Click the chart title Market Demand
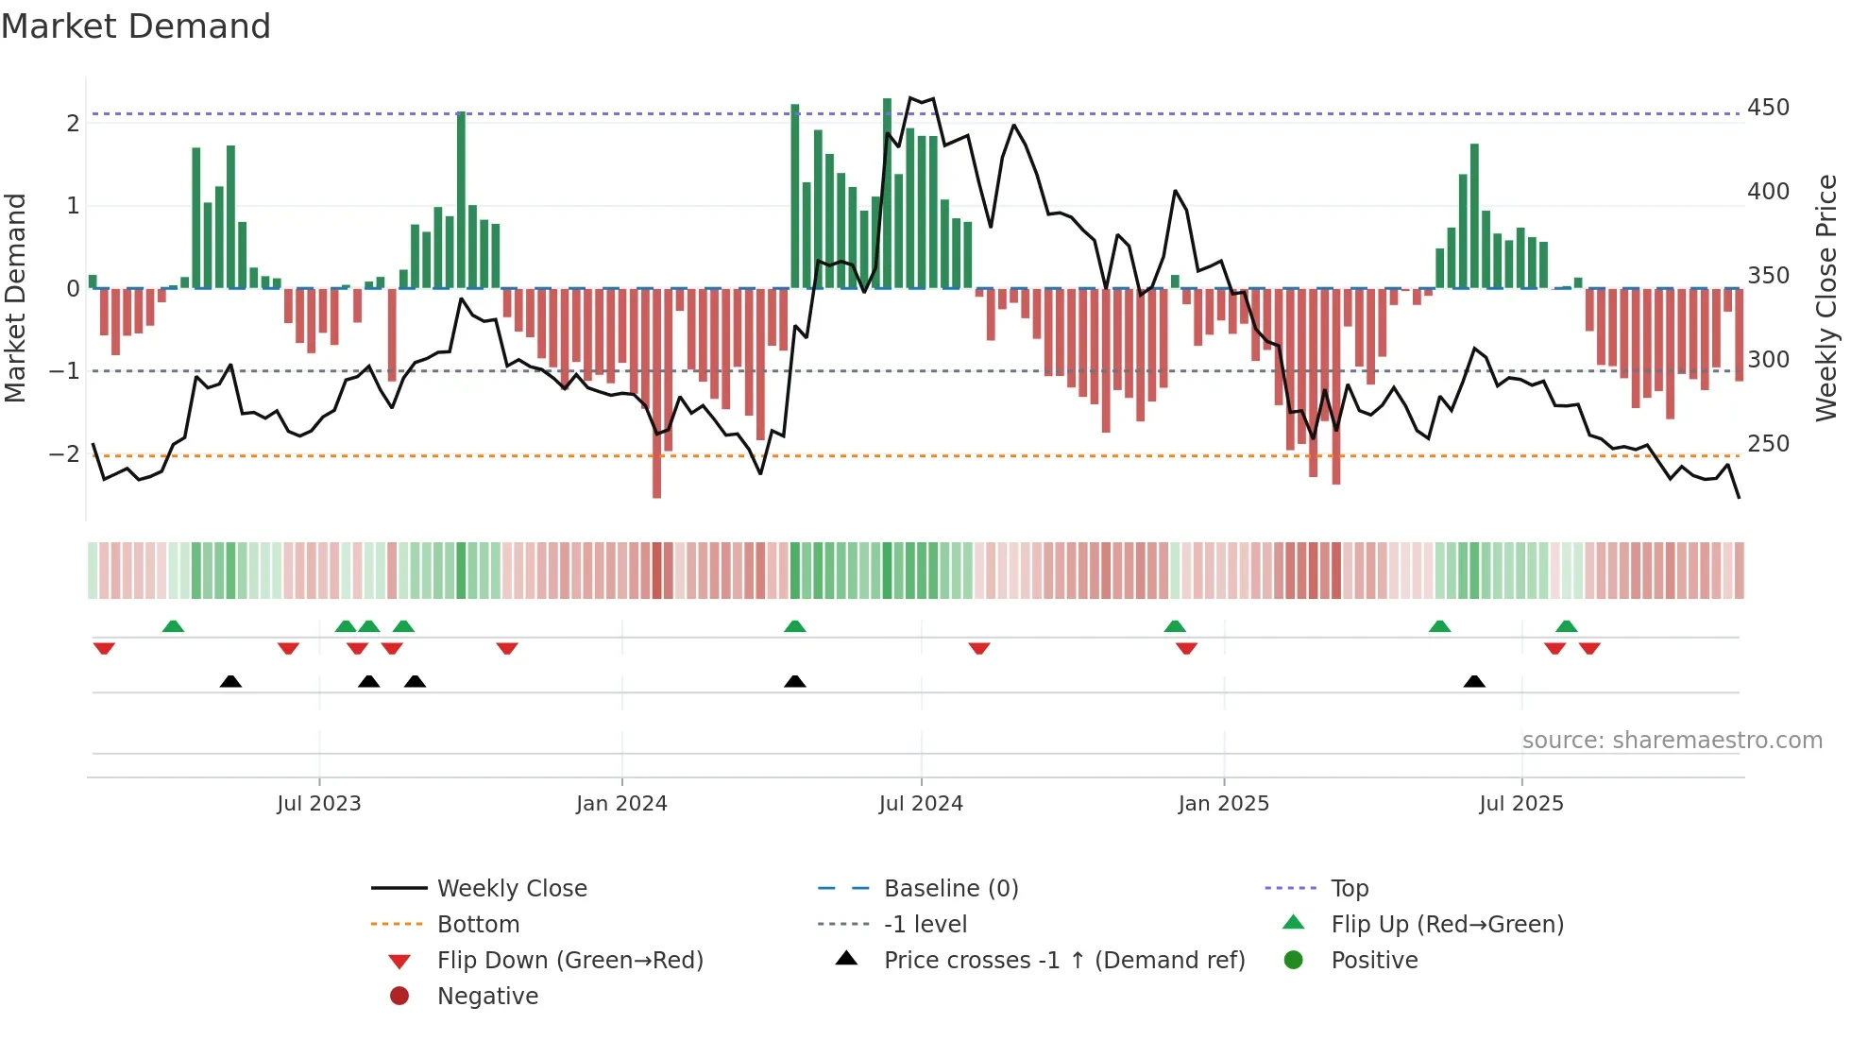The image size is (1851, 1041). (x=136, y=26)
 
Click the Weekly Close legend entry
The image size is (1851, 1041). (x=511, y=888)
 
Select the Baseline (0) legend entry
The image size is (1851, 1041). (x=950, y=888)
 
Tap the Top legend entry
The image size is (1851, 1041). (x=1349, y=888)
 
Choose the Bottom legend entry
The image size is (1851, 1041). (x=478, y=924)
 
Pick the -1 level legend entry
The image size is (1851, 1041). (x=925, y=924)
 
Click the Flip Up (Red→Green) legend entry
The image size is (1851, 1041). (x=1446, y=924)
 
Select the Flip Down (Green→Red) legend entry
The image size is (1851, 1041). (x=569, y=960)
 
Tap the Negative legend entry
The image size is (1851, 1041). (x=487, y=996)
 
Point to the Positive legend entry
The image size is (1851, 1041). (x=1374, y=960)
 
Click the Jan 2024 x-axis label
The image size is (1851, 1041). (x=621, y=804)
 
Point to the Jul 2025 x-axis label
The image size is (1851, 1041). (x=1521, y=804)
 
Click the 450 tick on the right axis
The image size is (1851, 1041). (x=1768, y=108)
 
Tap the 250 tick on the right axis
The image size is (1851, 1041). (x=1768, y=444)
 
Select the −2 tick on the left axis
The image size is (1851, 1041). (x=64, y=454)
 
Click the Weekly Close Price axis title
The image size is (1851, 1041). (x=1826, y=298)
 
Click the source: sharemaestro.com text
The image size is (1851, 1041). (x=1672, y=741)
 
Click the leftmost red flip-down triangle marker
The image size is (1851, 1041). (x=104, y=648)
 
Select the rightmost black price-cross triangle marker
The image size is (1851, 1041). (x=1474, y=681)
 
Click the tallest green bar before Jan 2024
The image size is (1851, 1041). (x=461, y=198)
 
